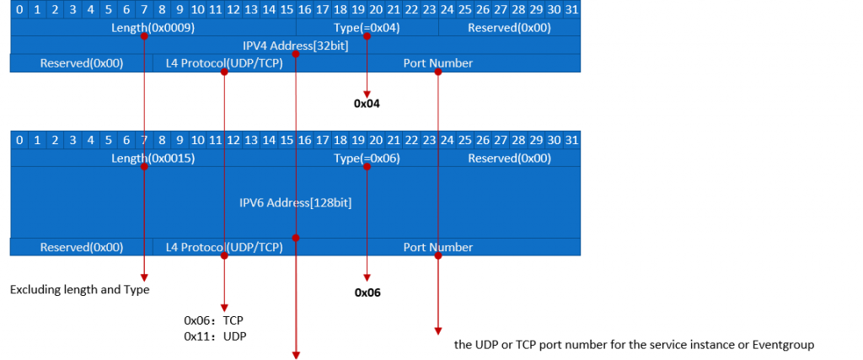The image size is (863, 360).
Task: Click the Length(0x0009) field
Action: (153, 28)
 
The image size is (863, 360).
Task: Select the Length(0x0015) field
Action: (153, 159)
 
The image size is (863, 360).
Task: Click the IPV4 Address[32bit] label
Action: (295, 46)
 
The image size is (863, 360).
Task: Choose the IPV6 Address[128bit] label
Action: (295, 202)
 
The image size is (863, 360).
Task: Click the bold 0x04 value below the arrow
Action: (367, 105)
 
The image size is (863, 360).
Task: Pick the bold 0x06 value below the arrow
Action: (367, 293)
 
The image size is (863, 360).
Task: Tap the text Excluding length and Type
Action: (79, 290)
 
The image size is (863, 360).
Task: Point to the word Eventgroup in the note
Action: (787, 344)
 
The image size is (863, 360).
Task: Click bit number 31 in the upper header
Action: (571, 9)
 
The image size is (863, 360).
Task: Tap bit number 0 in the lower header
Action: (19, 139)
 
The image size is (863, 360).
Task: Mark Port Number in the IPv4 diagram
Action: (437, 63)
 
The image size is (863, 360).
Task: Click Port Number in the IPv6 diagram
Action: (437, 247)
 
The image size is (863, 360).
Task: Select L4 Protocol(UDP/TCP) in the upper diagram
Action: (224, 63)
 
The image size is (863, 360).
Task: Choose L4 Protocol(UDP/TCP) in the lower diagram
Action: (224, 247)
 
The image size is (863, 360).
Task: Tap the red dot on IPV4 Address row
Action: (296, 55)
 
